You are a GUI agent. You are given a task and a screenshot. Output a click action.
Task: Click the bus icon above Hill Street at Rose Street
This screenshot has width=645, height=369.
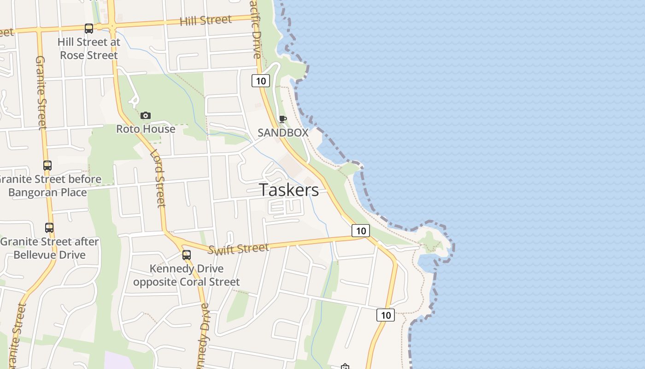tap(89, 29)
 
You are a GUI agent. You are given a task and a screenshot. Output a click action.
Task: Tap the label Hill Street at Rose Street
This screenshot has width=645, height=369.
tap(88, 48)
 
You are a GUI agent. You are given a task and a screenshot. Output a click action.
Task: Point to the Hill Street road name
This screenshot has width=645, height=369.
tap(205, 20)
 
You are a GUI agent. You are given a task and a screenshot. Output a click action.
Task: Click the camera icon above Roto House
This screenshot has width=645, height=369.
tap(146, 115)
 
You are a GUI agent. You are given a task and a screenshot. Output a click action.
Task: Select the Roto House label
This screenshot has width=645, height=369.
tap(146, 129)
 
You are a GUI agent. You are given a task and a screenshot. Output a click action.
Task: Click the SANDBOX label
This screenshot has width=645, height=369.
tap(283, 132)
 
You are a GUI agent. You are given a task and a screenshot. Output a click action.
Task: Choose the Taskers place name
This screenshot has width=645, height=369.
tap(289, 190)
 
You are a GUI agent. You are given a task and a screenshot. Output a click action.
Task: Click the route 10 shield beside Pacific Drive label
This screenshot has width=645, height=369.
tap(261, 81)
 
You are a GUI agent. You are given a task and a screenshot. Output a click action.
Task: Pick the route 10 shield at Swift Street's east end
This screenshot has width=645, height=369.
tap(361, 230)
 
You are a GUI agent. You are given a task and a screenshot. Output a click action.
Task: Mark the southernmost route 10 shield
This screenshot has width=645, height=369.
tap(386, 315)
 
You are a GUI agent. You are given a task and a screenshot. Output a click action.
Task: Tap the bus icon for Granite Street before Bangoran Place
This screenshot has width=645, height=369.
tap(47, 165)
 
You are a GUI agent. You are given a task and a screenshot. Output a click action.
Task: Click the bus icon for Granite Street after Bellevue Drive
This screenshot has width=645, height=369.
tap(49, 227)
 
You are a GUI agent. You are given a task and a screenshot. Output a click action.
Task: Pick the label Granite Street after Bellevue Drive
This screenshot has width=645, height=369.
tap(50, 248)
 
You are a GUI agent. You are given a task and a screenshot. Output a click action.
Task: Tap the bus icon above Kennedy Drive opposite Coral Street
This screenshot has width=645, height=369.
tap(187, 255)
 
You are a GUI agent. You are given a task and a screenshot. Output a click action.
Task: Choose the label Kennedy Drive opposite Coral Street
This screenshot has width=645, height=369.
tap(187, 275)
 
